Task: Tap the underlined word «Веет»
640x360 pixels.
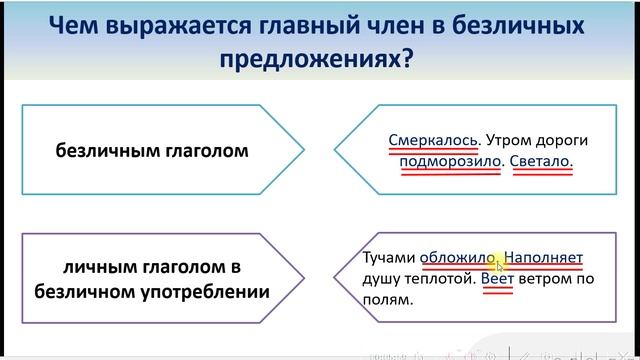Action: click(497, 279)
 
